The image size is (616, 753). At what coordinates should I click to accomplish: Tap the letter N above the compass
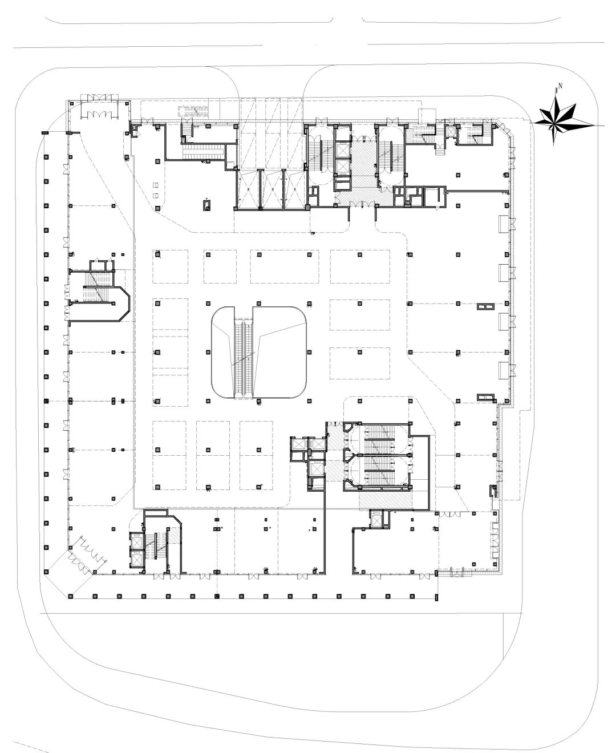tap(561, 86)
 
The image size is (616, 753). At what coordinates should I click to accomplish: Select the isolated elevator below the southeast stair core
tap(376, 519)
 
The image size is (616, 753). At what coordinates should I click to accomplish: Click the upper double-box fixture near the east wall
tap(484, 307)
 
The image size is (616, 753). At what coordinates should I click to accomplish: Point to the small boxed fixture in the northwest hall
tap(206, 204)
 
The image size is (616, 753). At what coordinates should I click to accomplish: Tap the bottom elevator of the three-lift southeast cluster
tap(314, 469)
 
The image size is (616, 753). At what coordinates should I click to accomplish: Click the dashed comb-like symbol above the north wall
tap(194, 110)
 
